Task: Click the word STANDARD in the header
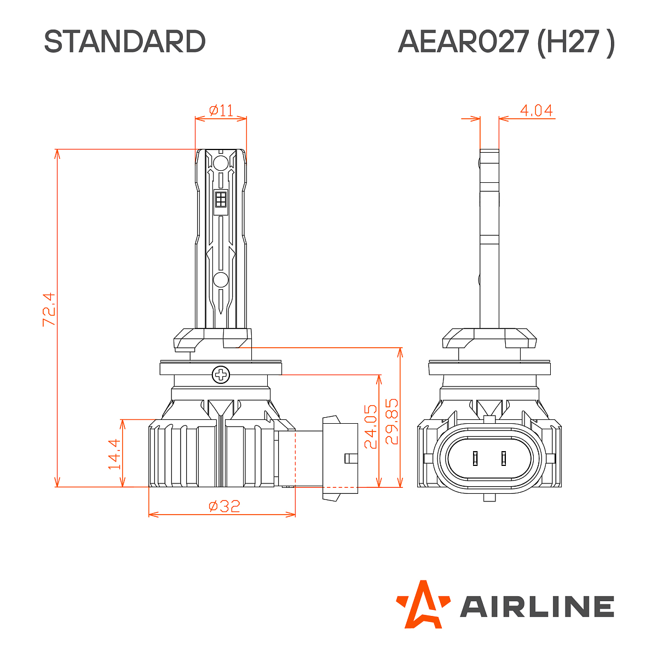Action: point(125,42)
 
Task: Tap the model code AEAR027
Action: point(463,42)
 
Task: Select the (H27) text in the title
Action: point(576,42)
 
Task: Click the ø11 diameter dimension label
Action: point(221,111)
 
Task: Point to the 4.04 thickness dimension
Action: point(536,111)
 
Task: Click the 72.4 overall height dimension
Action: point(49,310)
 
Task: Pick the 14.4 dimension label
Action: point(114,454)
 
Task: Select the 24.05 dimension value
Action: point(371,427)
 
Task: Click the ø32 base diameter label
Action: point(224,506)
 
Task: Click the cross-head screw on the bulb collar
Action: point(221,375)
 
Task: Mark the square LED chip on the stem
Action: point(221,199)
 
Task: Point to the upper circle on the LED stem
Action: point(221,163)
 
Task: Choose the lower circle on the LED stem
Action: point(221,280)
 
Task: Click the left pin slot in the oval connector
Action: point(476,458)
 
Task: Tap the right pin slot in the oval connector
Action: point(504,458)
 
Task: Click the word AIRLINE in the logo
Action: point(537,607)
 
